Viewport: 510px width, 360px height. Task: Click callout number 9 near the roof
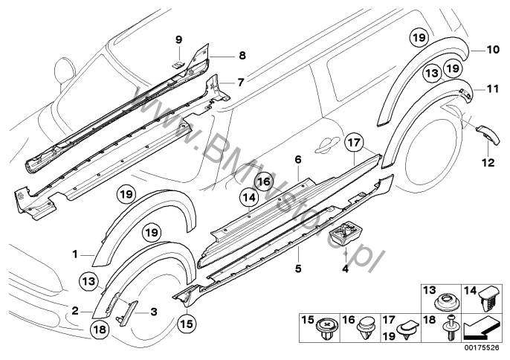pos(178,39)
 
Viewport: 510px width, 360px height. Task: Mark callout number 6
pos(297,159)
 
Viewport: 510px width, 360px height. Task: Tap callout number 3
pos(152,313)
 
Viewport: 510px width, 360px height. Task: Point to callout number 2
pos(76,312)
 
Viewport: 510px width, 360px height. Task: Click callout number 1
pos(75,254)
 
